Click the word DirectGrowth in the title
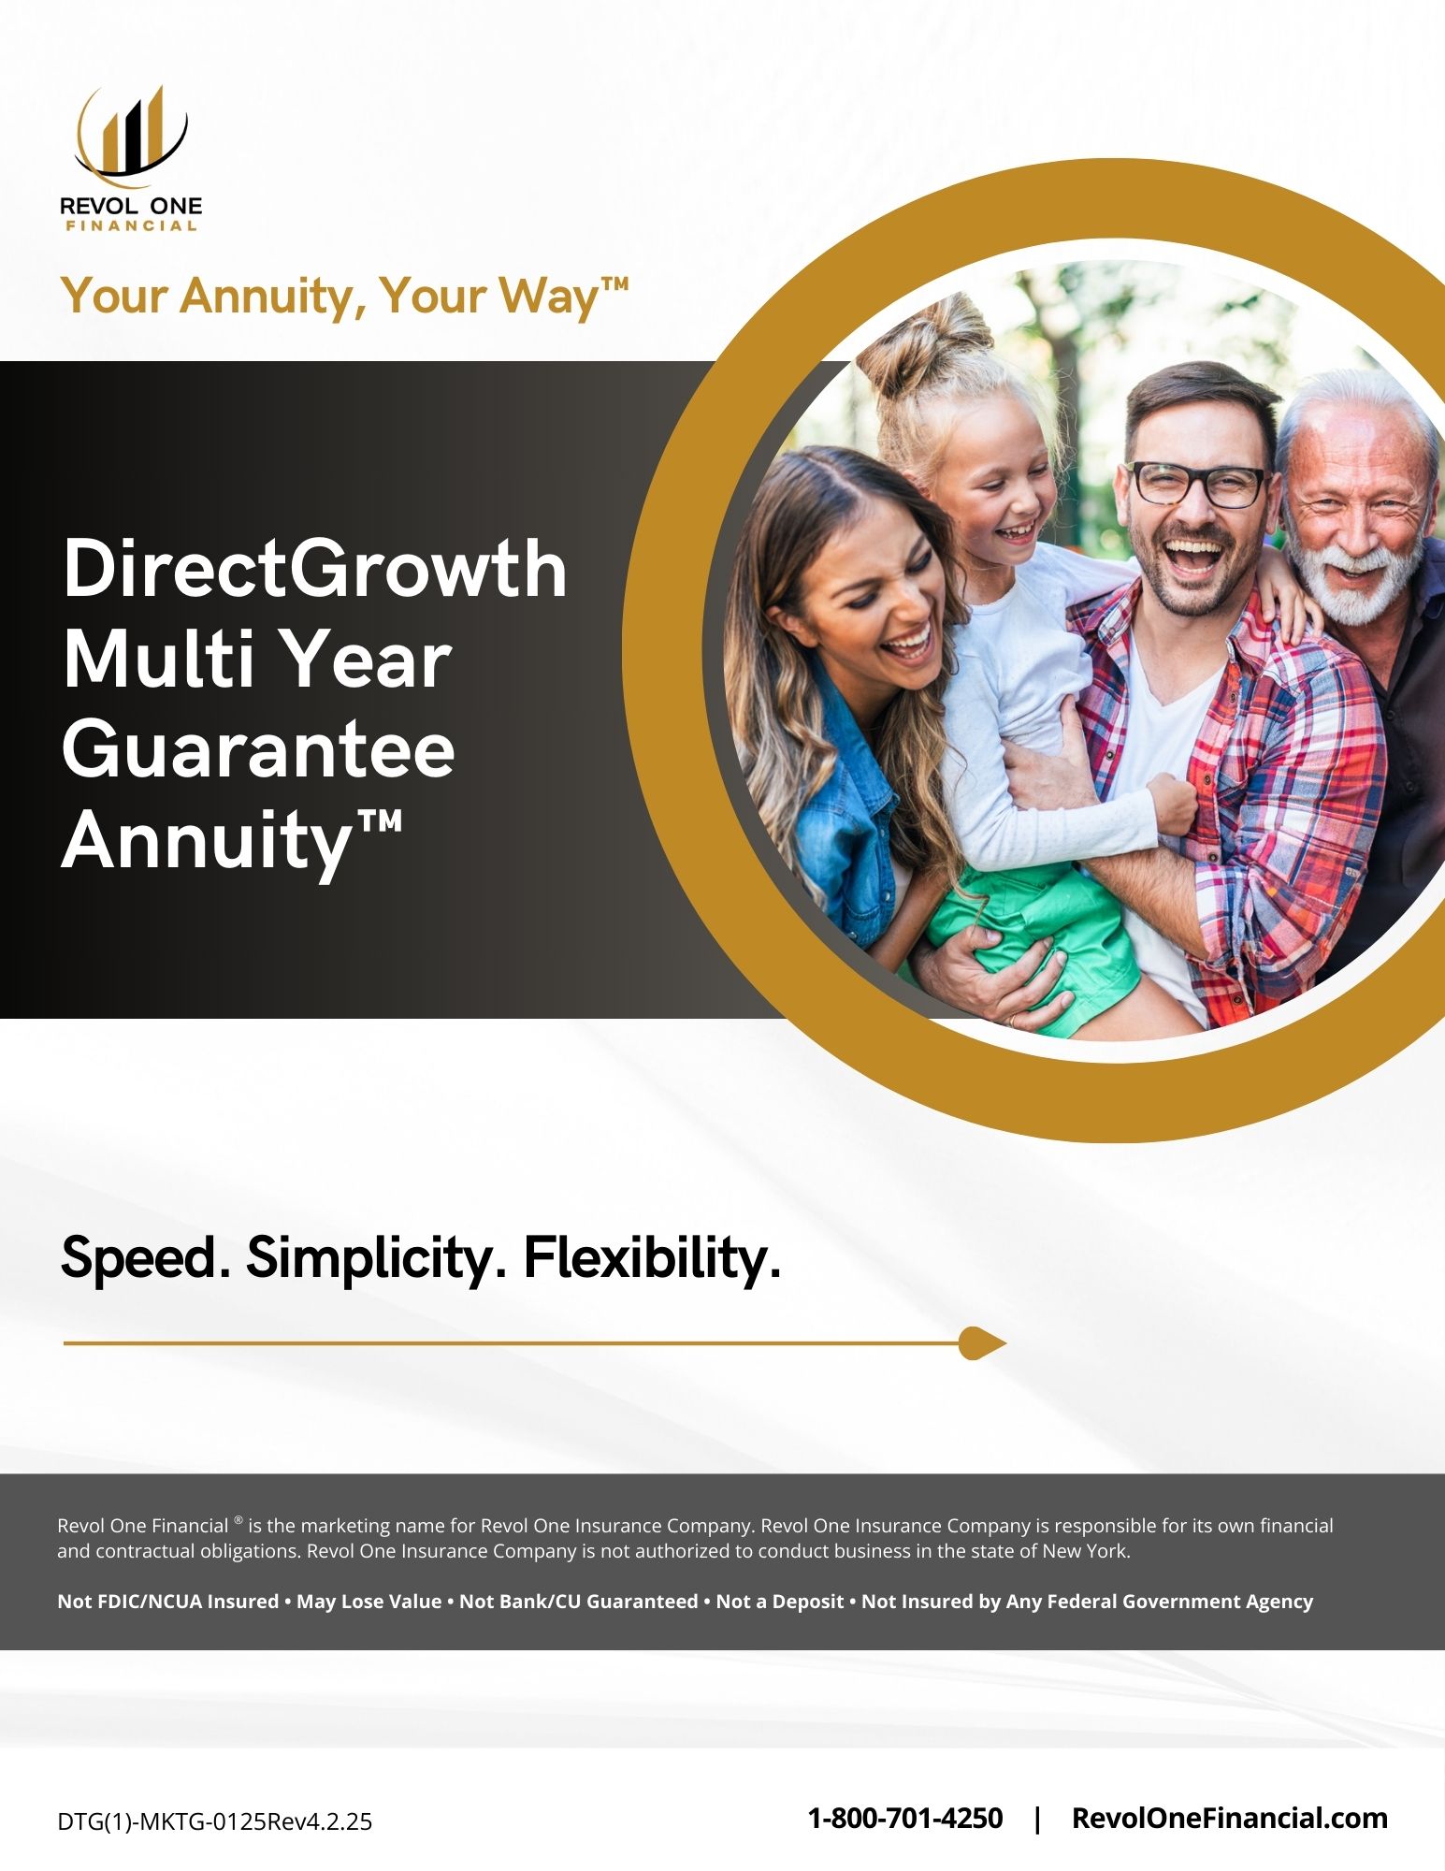point(315,568)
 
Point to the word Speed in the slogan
point(145,1258)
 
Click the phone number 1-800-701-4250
point(904,1818)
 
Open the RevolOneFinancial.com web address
point(1229,1818)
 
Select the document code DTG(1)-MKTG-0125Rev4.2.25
point(215,1821)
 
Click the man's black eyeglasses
point(1197,484)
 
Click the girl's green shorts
point(1033,945)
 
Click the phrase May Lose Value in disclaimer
point(368,1602)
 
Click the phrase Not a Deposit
point(780,1602)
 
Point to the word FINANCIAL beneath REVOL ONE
point(131,225)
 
